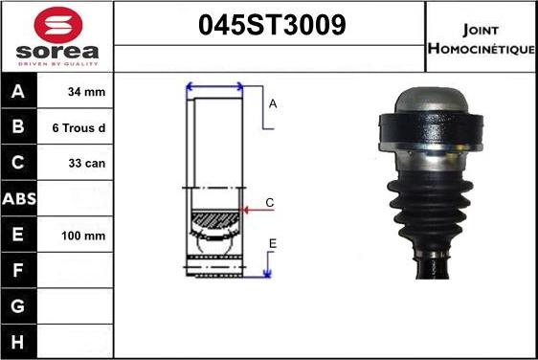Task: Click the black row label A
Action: (18, 93)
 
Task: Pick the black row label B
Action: (18, 127)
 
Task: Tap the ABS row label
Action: (18, 199)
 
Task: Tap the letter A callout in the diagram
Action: (273, 103)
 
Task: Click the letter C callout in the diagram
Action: (270, 202)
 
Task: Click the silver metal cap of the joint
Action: (429, 99)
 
